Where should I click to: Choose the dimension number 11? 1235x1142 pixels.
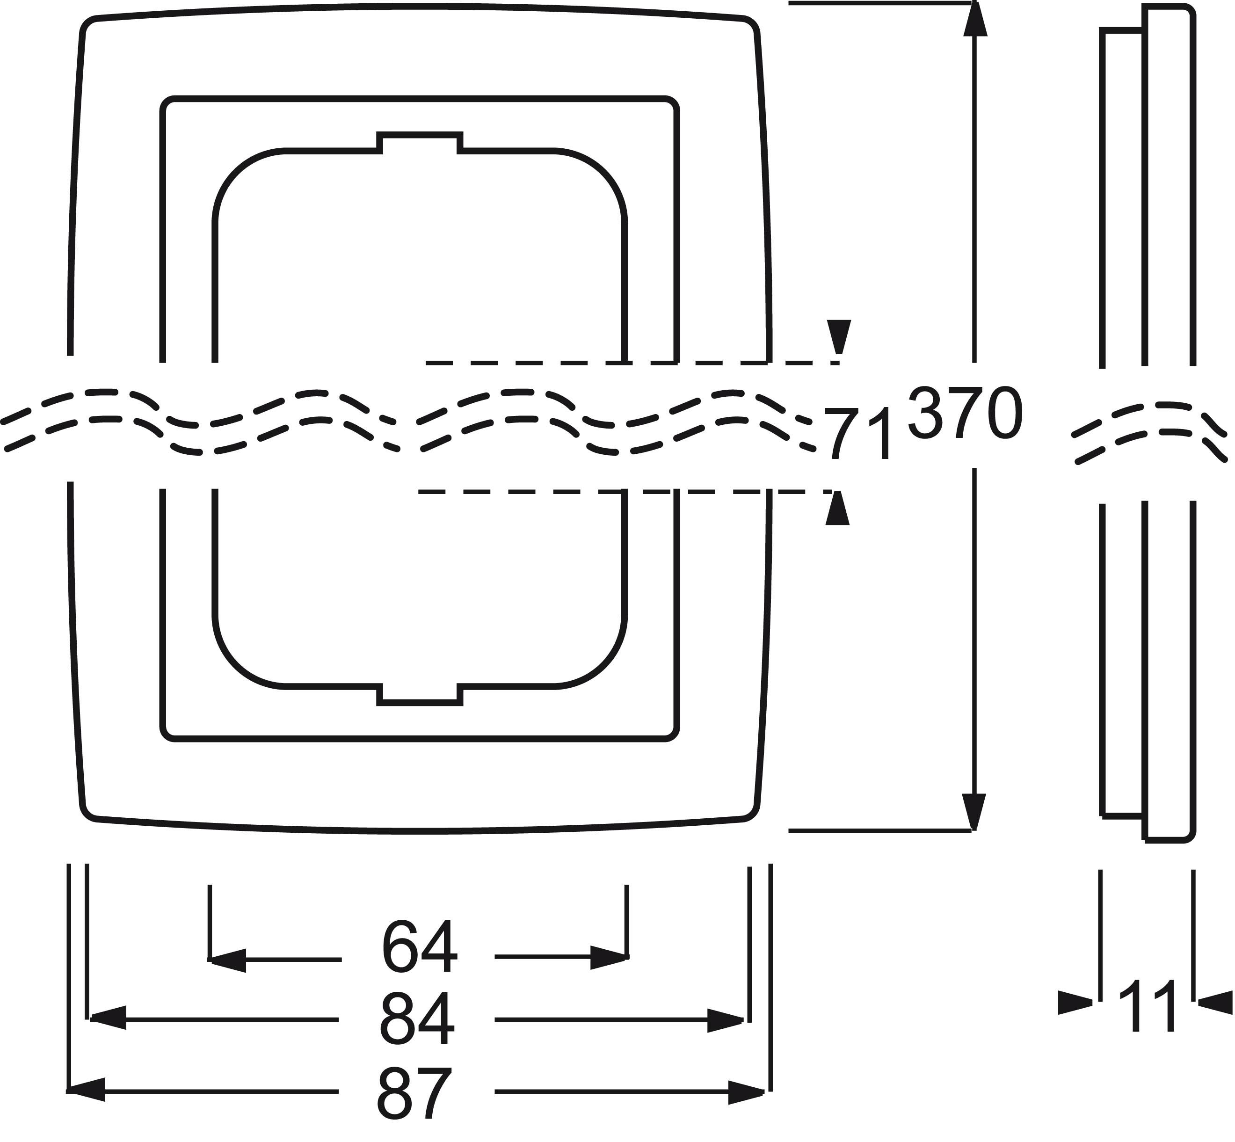pyautogui.click(x=1148, y=1006)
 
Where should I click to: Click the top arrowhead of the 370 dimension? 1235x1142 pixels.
pyautogui.click(x=974, y=19)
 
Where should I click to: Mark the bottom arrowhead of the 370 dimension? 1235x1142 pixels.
pyautogui.click(x=974, y=813)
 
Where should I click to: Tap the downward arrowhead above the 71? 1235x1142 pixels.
pyautogui.click(x=839, y=337)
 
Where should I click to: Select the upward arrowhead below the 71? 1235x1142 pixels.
pyautogui.click(x=838, y=508)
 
